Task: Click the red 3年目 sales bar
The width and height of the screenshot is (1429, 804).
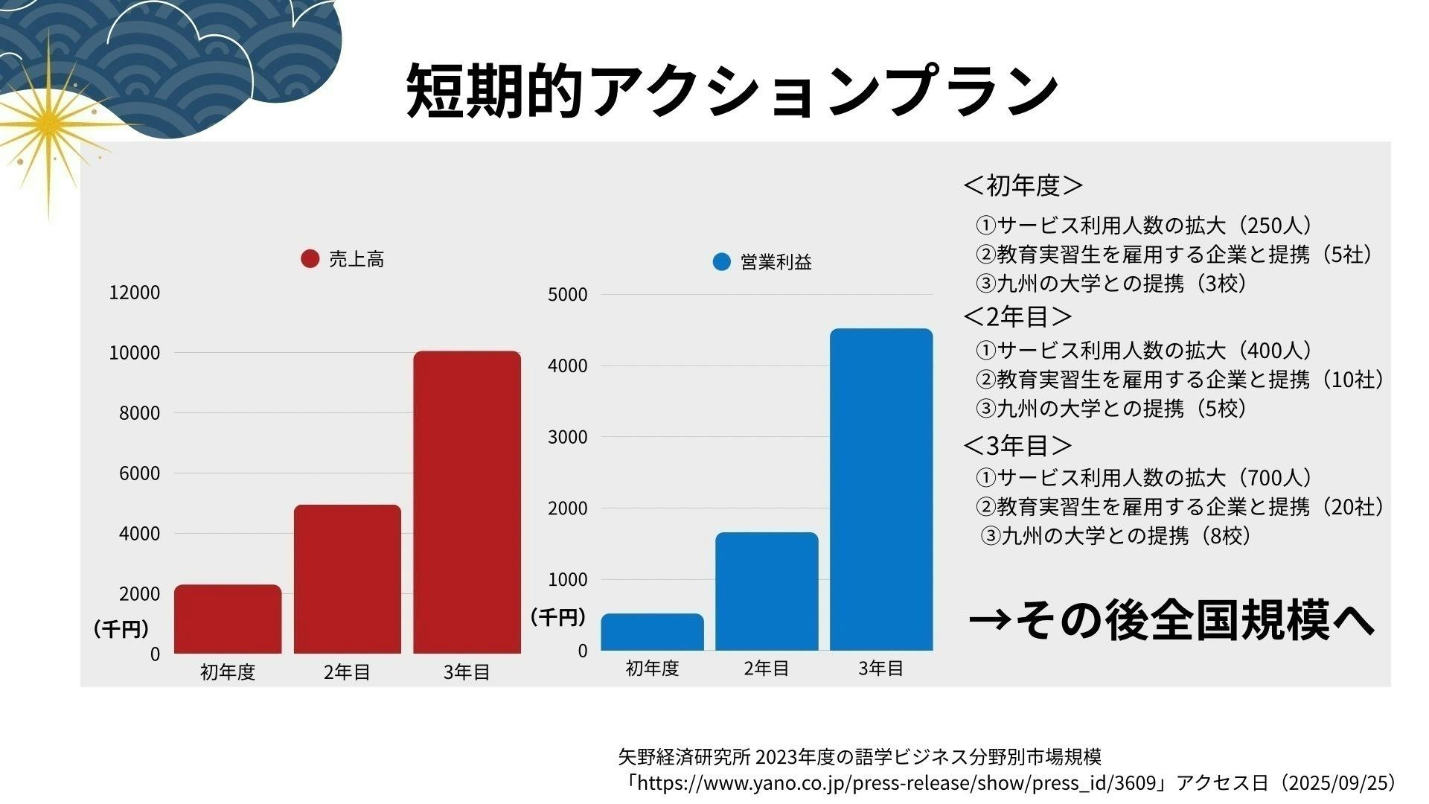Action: pyautogui.click(x=467, y=502)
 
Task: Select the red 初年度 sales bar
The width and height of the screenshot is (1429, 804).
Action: pyautogui.click(x=228, y=619)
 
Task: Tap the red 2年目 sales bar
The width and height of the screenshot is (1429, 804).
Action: pyautogui.click(x=347, y=579)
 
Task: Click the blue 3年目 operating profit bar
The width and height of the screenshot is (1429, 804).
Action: pyautogui.click(x=881, y=489)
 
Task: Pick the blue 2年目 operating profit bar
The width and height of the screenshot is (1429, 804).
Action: pyautogui.click(x=767, y=591)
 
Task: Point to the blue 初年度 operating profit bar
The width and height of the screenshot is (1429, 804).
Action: pyautogui.click(x=652, y=632)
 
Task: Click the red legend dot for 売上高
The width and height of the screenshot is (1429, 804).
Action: pyautogui.click(x=310, y=258)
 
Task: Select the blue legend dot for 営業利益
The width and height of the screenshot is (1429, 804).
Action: pyautogui.click(x=721, y=262)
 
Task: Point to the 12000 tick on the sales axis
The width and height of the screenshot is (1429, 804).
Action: pyautogui.click(x=135, y=293)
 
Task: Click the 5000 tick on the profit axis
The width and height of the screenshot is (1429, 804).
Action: pyautogui.click(x=567, y=295)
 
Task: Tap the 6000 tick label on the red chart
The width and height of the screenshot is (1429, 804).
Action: pyautogui.click(x=139, y=473)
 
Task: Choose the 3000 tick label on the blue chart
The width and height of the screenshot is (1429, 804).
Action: pyautogui.click(x=567, y=437)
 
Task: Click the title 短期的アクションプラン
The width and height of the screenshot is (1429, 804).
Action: pyautogui.click(x=732, y=90)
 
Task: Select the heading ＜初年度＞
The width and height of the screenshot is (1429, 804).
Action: pyautogui.click(x=1023, y=185)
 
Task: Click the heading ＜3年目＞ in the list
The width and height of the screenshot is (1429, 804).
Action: pyautogui.click(x=1017, y=445)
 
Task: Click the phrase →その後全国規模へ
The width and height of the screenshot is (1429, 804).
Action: pyautogui.click(x=1171, y=620)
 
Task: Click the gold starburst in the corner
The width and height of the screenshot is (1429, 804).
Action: pyautogui.click(x=49, y=123)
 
